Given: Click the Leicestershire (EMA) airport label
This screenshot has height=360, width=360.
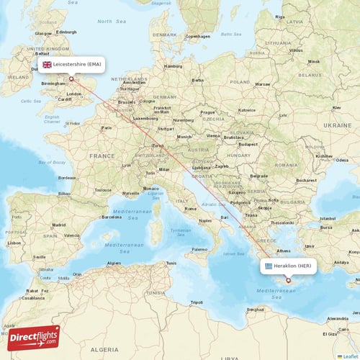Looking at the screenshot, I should pos(72,64).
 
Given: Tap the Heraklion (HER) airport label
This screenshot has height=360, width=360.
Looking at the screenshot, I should pos(289,266).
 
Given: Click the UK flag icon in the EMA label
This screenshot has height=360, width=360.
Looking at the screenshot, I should pos(48,64).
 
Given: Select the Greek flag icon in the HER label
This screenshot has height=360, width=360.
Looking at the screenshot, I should pos(268,266).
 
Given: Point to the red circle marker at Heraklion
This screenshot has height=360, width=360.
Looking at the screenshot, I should pos(288,281).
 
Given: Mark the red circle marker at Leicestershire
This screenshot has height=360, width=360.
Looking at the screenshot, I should pos(71,79).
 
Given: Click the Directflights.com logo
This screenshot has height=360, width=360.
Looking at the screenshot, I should pos(34,337).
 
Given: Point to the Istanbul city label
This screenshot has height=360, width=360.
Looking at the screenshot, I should pos(328,218).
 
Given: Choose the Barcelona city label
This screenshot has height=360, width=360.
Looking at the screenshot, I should pos(112,216).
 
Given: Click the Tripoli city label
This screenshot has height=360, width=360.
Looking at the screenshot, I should pos(196,302).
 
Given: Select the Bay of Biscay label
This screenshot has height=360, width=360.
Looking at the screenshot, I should pos(51,163).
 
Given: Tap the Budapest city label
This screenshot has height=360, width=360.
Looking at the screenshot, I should pos(248,144).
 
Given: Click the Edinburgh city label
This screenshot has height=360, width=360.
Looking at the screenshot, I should pos(67,32).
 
